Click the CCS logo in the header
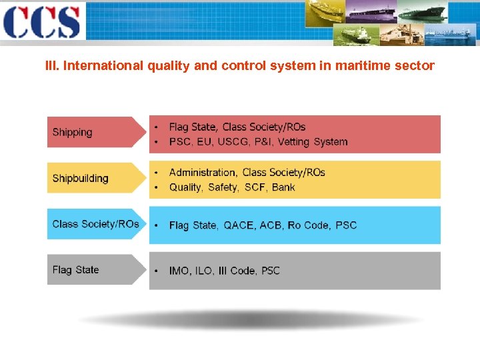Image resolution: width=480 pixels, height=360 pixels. click(x=41, y=21)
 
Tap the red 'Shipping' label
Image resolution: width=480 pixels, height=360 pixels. click(x=73, y=132)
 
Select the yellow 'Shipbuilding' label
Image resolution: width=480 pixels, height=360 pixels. click(x=80, y=178)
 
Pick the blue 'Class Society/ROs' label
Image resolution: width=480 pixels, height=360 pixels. click(x=95, y=224)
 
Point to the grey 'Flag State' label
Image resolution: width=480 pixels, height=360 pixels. click(x=75, y=270)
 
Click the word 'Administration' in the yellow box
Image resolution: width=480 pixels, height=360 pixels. click(x=202, y=173)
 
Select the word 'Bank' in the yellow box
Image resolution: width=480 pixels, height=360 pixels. click(x=283, y=187)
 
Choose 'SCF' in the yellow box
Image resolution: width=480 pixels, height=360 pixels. click(x=255, y=187)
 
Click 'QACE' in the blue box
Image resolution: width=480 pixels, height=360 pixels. click(x=239, y=225)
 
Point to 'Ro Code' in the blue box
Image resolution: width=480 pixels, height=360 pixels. click(x=309, y=225)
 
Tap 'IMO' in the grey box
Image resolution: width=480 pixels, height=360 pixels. click(x=179, y=271)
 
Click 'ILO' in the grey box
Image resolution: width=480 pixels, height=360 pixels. click(x=205, y=271)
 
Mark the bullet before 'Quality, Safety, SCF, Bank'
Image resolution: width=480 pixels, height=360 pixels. click(x=155, y=187)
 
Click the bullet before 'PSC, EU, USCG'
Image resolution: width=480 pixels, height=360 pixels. click(x=155, y=141)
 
